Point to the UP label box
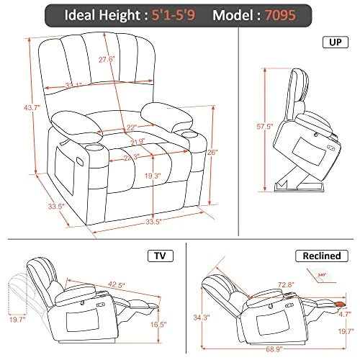tap(335, 43)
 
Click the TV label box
tap(158, 256)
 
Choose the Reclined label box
tap(315, 256)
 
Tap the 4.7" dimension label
tap(346, 313)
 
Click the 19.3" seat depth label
tap(130, 176)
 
